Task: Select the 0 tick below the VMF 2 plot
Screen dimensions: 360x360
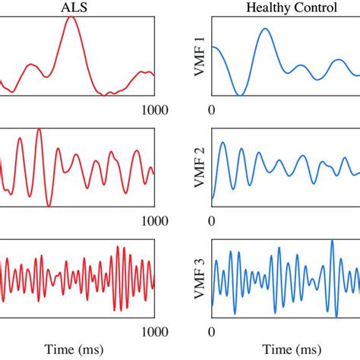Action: click(212, 220)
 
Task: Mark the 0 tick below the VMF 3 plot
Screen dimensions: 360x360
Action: click(212, 331)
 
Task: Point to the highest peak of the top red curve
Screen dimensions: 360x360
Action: click(72, 17)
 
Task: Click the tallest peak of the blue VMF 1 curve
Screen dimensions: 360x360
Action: click(264, 29)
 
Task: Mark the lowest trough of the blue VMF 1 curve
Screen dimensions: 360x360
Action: click(239, 95)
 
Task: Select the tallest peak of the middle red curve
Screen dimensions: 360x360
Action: click(39, 130)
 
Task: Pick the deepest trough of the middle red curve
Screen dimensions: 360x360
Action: click(49, 205)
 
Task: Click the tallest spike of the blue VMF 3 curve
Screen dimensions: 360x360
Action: click(332, 242)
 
